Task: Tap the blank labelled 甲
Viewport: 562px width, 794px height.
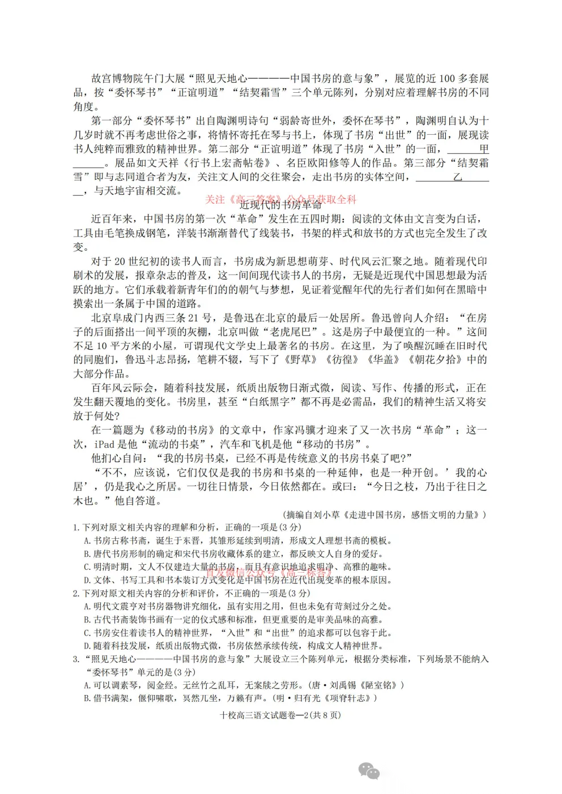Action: click(x=468, y=149)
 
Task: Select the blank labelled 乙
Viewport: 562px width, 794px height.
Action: click(x=453, y=177)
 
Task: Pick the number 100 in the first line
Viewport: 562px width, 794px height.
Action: click(x=447, y=79)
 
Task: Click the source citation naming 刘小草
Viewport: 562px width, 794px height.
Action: click(x=386, y=514)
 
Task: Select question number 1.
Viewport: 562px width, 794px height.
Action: click(x=76, y=527)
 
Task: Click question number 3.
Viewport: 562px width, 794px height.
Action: click(x=76, y=659)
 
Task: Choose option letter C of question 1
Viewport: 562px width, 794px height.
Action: click(x=87, y=566)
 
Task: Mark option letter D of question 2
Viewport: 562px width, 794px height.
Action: click(x=87, y=646)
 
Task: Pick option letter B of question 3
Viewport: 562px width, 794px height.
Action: click(x=87, y=698)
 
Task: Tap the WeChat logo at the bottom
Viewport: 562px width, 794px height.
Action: click(x=368, y=770)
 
